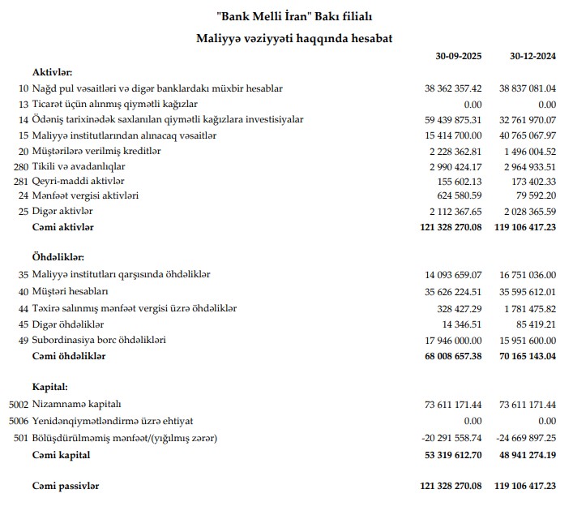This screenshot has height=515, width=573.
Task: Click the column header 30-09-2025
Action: [459, 57]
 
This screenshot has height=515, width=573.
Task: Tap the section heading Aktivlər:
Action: [53, 72]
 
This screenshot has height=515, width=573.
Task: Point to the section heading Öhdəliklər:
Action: [59, 257]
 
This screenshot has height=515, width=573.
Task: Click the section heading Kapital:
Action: [51, 386]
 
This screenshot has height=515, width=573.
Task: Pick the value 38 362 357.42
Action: [453, 88]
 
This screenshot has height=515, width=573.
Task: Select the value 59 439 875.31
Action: [453, 119]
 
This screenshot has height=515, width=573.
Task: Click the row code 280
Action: [21, 165]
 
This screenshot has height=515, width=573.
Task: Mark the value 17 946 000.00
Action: [453, 339]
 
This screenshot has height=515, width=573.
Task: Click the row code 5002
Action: [18, 404]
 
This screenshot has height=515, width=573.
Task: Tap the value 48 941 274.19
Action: [524, 455]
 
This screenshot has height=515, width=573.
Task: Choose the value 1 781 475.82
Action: [528, 307]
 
